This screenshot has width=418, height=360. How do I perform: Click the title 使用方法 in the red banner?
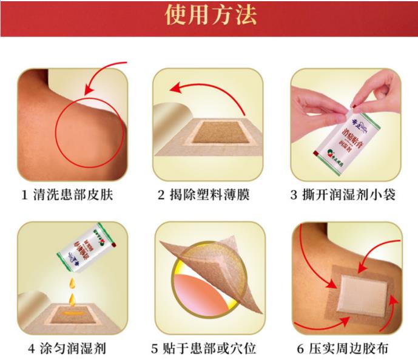[209, 16]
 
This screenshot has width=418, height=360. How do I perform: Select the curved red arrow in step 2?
[206, 90]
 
